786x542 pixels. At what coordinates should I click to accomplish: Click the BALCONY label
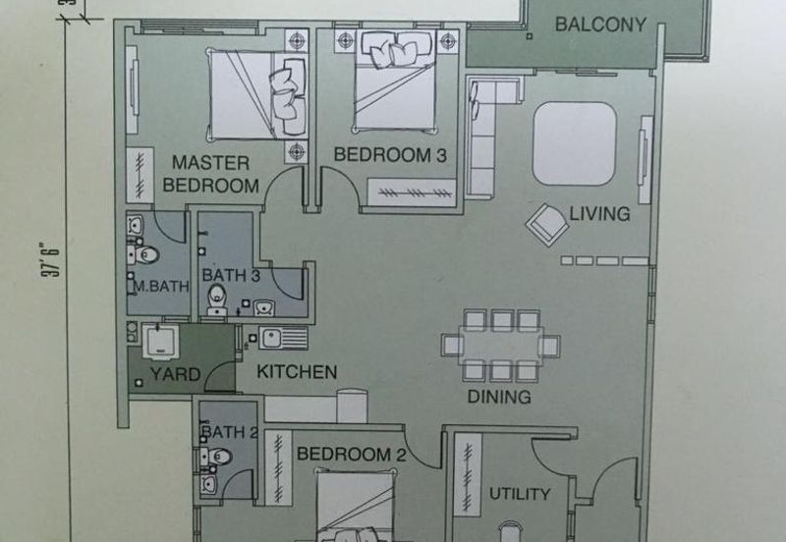pos(600,25)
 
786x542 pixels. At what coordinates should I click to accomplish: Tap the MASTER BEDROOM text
pos(210,175)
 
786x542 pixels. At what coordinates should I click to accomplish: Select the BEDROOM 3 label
pos(390,155)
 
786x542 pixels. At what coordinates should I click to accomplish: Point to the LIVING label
pos(599,214)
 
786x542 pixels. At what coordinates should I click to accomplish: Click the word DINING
pos(499,397)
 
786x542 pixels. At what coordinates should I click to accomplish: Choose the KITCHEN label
pos(297,372)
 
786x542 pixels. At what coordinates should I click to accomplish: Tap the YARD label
pos(176,374)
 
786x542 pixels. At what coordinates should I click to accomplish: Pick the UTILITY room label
pos(520,494)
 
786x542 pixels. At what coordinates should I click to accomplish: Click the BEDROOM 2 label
pos(352,455)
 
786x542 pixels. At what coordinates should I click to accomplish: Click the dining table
pos(501,346)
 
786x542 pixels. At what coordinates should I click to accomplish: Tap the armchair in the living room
pos(547,225)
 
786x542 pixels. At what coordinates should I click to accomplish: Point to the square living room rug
pos(575,143)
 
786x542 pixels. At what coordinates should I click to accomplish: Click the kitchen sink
pos(283,338)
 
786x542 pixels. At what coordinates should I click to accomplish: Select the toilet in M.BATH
pos(143,255)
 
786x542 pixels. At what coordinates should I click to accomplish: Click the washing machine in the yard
pos(160,341)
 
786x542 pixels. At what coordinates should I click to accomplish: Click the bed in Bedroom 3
pos(395,81)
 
